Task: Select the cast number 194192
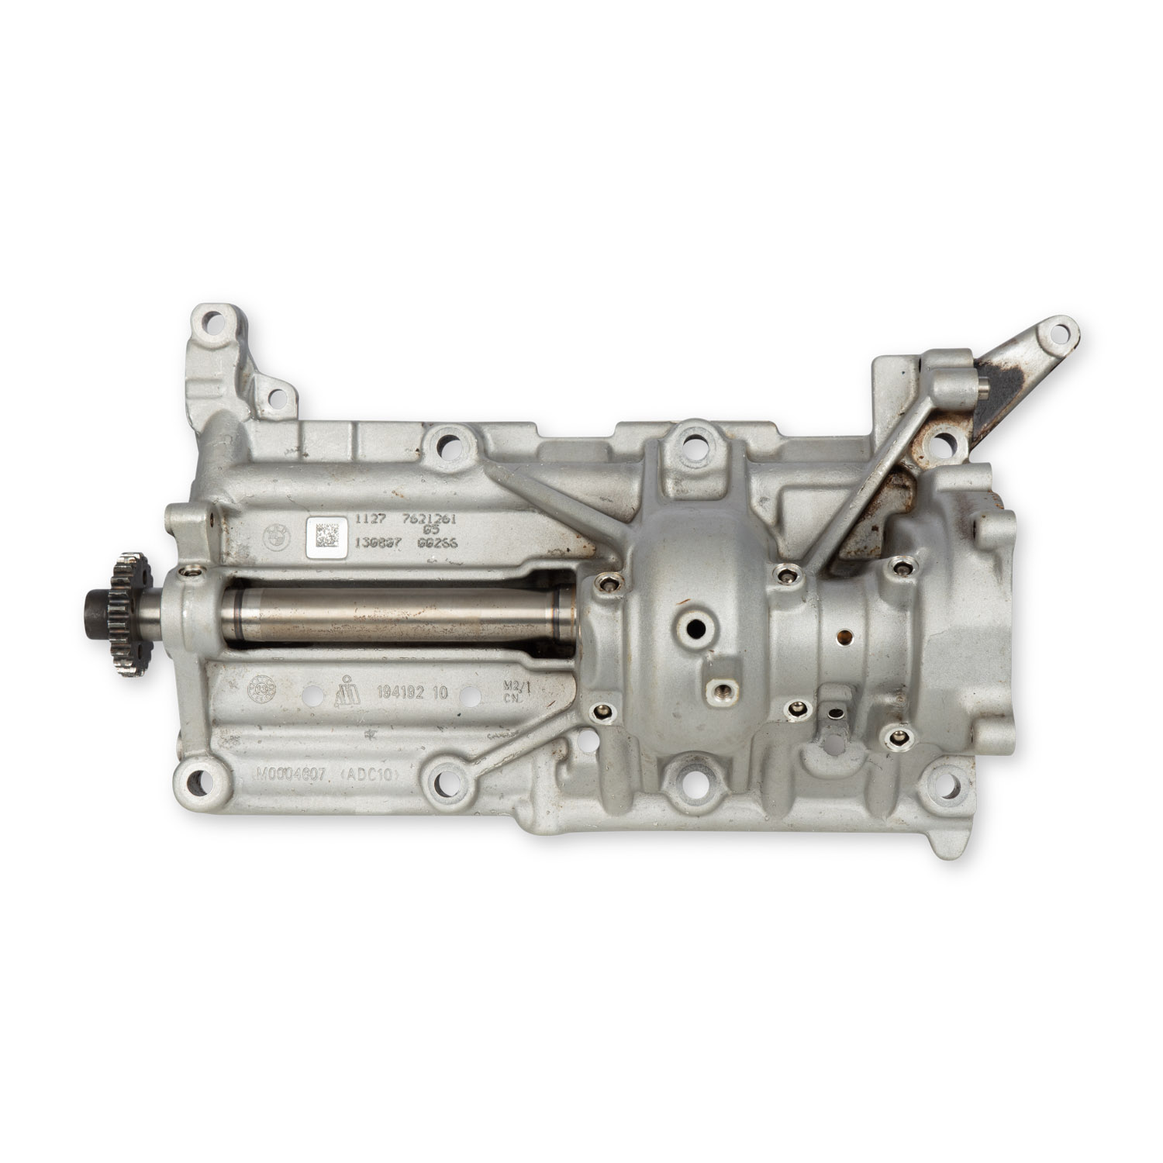pos(400,693)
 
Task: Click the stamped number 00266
pos(438,544)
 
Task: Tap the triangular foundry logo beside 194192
pos(347,691)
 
